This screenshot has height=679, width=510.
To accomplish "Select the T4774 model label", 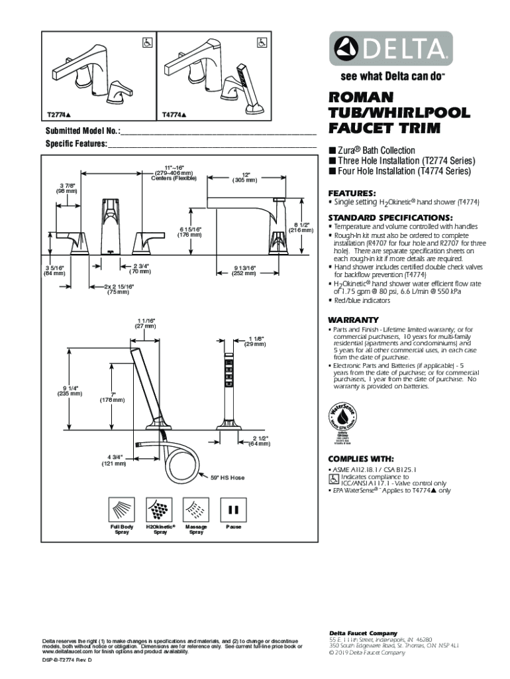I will point(174,114).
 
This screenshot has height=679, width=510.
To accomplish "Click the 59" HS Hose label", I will point(228,477).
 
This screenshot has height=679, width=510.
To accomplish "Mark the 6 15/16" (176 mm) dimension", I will point(189,231).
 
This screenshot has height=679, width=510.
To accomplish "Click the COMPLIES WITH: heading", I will point(361,459).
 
